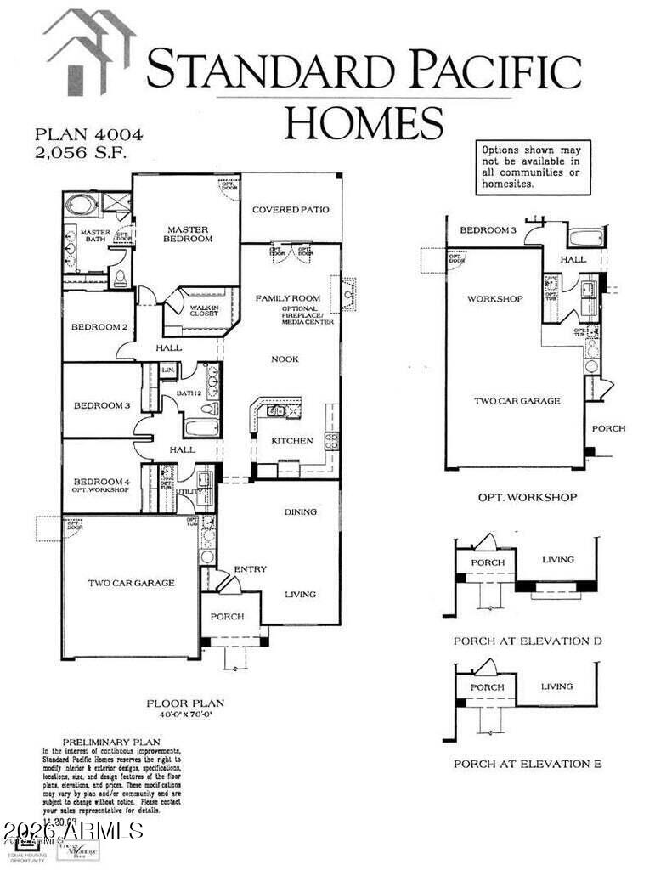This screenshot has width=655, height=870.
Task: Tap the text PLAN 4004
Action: [x=88, y=134]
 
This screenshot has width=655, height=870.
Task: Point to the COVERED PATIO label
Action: [x=291, y=210]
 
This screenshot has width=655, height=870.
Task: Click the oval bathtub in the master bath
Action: [x=81, y=206]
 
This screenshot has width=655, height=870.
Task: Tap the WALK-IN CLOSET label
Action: [x=205, y=311]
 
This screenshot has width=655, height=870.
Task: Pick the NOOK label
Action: [x=285, y=359]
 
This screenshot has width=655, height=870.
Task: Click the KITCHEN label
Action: [x=292, y=441]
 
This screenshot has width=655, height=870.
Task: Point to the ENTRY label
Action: [x=251, y=569]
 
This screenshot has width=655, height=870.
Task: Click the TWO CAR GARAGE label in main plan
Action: [x=131, y=583]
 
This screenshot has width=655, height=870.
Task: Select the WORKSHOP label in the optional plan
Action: [x=494, y=299]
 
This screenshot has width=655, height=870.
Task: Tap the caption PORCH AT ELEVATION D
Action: [x=527, y=641]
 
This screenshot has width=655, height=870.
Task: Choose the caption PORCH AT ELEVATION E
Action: [x=527, y=765]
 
